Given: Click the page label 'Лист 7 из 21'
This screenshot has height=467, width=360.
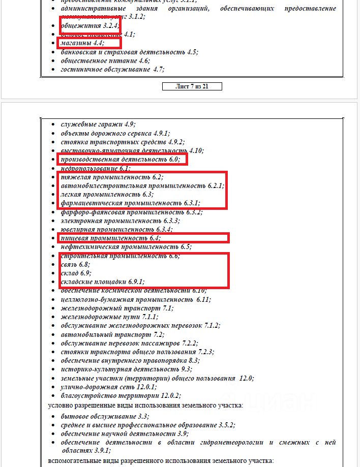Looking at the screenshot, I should click(x=192, y=86).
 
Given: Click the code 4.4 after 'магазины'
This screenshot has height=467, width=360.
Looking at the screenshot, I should click(x=99, y=43).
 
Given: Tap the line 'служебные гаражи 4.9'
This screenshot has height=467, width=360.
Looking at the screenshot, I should click(x=98, y=124).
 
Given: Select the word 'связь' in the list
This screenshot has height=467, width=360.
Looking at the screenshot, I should click(x=70, y=265).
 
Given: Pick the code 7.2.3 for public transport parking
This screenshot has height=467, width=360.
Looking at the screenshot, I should click(x=205, y=352).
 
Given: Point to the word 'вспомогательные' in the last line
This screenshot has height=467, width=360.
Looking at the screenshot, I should click(x=75, y=461).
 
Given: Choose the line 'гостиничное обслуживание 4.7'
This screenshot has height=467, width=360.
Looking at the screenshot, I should click(x=112, y=70).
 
